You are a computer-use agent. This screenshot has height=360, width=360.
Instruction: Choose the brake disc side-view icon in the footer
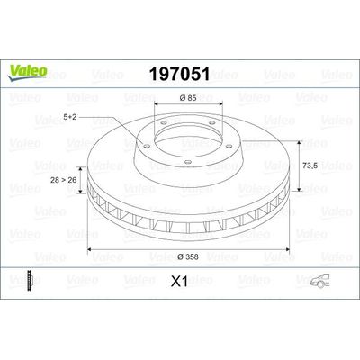[33, 281]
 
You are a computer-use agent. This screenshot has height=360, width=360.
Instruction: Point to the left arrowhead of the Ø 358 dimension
[90, 248]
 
